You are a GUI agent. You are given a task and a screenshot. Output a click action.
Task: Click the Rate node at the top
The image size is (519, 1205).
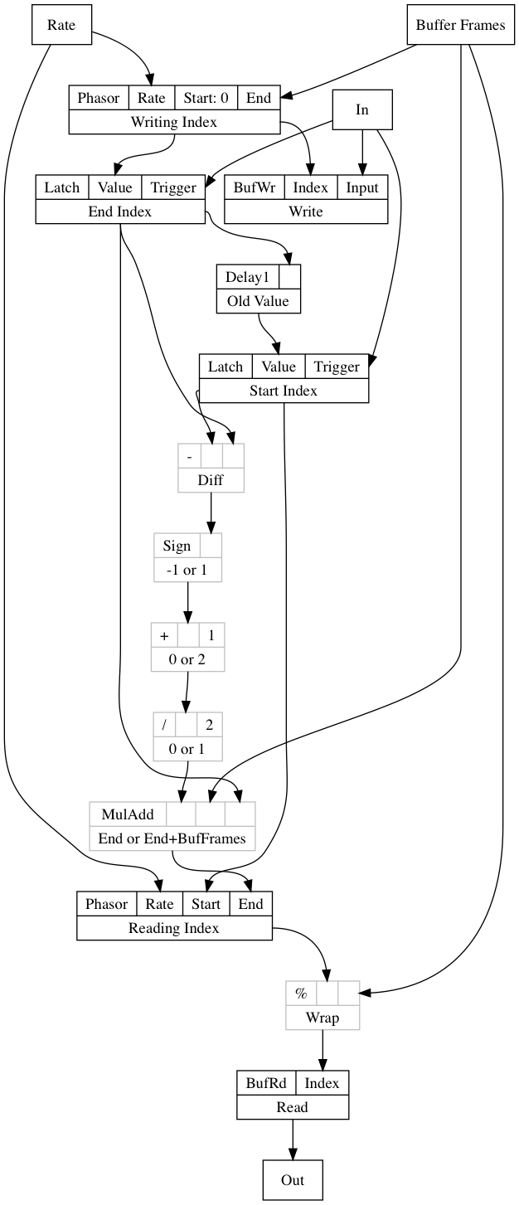click(x=61, y=25)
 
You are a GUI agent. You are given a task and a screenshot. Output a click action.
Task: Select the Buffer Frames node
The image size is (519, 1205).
click(x=460, y=25)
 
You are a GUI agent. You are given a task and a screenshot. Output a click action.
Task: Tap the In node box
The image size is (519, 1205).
click(x=362, y=109)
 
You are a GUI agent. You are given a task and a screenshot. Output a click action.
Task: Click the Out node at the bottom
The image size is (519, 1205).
click(x=293, y=1180)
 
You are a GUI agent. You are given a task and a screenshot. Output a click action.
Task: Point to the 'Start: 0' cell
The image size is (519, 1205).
click(x=206, y=98)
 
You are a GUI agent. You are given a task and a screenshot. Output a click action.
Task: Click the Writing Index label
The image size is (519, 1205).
click(x=174, y=122)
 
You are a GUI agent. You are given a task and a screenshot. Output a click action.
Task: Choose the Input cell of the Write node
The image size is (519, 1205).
click(x=362, y=187)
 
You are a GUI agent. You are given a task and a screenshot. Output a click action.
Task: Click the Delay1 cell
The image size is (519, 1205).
click(x=248, y=277)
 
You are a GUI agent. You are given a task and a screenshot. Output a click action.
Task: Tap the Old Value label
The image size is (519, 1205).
click(x=258, y=301)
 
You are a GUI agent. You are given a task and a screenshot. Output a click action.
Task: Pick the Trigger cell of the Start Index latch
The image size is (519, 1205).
click(x=337, y=367)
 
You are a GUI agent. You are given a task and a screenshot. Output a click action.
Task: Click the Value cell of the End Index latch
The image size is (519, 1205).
click(x=115, y=187)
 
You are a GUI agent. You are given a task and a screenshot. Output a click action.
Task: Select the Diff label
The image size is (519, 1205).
click(x=211, y=479)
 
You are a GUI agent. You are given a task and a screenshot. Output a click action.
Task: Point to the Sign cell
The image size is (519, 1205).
click(x=177, y=546)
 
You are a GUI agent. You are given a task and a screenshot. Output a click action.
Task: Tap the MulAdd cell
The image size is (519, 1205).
click(x=128, y=814)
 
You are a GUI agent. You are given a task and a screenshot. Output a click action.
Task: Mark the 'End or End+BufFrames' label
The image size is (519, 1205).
click(x=172, y=838)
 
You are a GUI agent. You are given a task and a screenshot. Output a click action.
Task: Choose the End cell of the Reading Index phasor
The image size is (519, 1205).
click(x=251, y=904)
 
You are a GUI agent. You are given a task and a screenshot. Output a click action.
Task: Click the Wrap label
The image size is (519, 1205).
click(x=323, y=1018)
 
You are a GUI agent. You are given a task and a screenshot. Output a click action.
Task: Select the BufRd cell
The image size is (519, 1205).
click(x=266, y=1083)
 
